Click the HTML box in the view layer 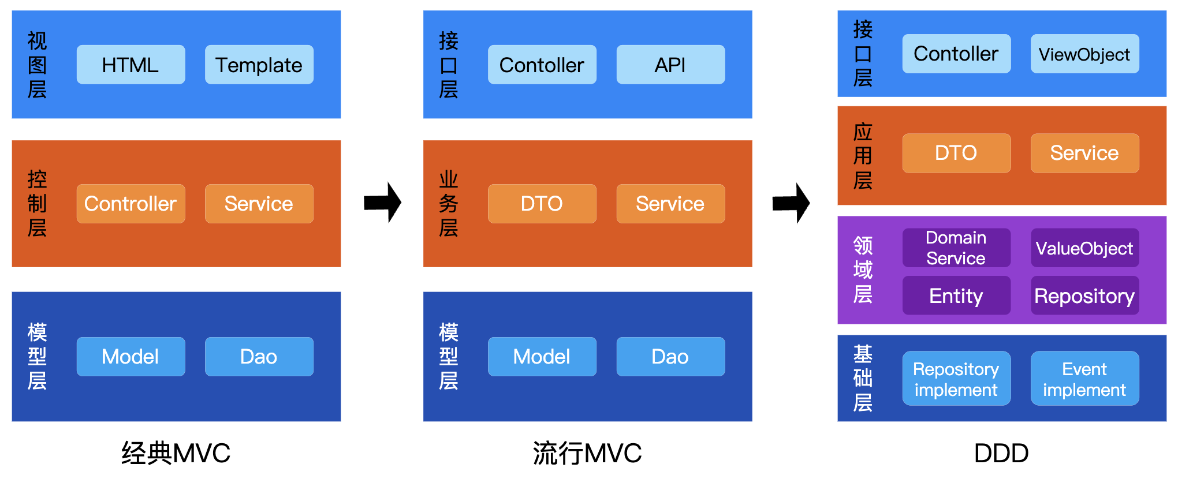(x=131, y=65)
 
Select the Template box (x=259, y=65)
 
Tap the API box (x=670, y=65)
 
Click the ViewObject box (x=1084, y=54)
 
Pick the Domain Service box (x=956, y=248)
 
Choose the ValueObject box (x=1084, y=248)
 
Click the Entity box (x=956, y=295)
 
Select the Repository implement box (x=956, y=379)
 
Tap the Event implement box (x=1084, y=379)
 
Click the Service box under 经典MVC (x=259, y=203)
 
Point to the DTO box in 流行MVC (x=542, y=203)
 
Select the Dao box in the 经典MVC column (x=259, y=356)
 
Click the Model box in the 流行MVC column (x=542, y=356)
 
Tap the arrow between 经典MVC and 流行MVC (x=382, y=203)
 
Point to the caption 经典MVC (x=176, y=453)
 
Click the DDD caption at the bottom (x=1001, y=453)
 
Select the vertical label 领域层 (x=863, y=270)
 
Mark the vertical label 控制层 (x=37, y=203)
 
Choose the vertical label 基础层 (x=863, y=378)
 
